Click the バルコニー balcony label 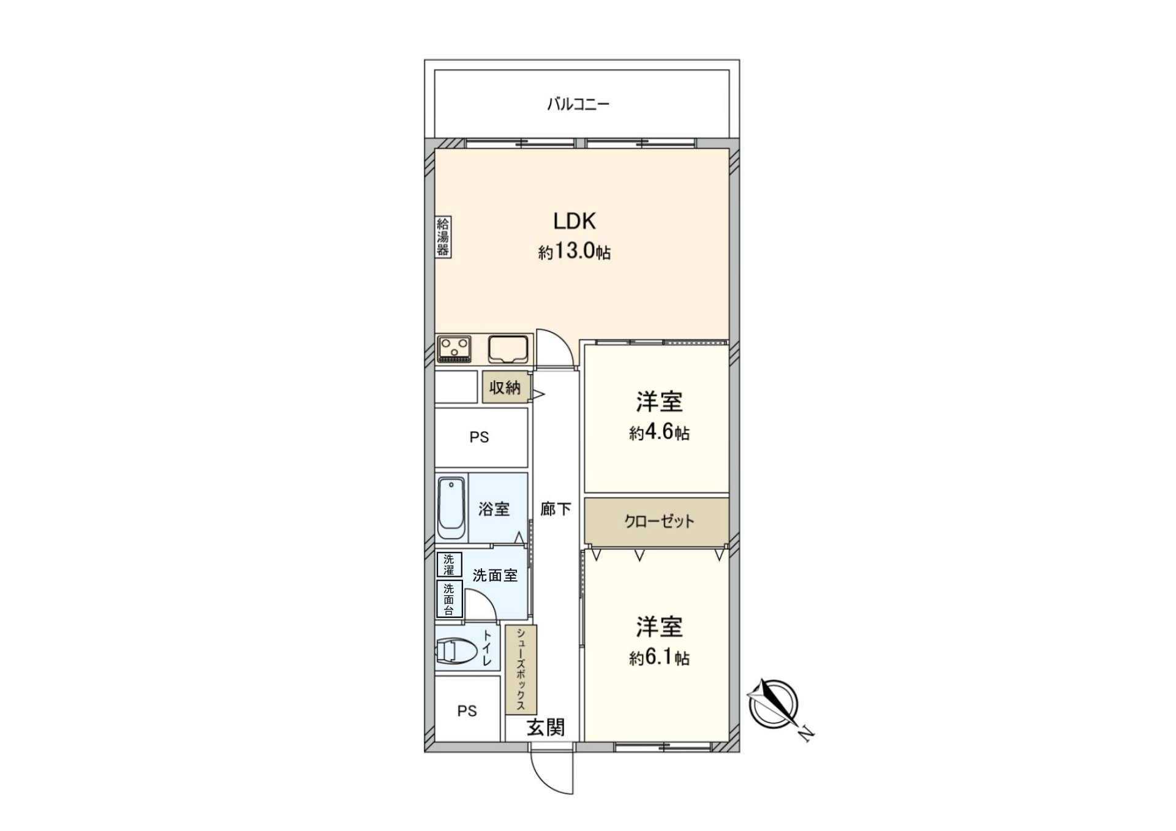[x=578, y=104]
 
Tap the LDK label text [x=574, y=221]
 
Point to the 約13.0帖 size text [x=574, y=252]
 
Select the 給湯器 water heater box [x=443, y=236]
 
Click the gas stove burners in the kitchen [x=454, y=349]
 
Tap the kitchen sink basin [x=508, y=350]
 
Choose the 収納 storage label [x=505, y=387]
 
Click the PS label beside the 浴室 [x=480, y=437]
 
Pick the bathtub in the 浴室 [x=451, y=508]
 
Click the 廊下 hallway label [x=556, y=509]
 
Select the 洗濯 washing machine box [x=449, y=565]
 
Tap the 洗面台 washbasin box [x=449, y=599]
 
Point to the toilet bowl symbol [x=457, y=650]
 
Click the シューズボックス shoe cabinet [x=521, y=669]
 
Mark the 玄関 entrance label [x=546, y=727]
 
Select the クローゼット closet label [x=659, y=522]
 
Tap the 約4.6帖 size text [x=659, y=433]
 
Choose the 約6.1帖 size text [x=659, y=658]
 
